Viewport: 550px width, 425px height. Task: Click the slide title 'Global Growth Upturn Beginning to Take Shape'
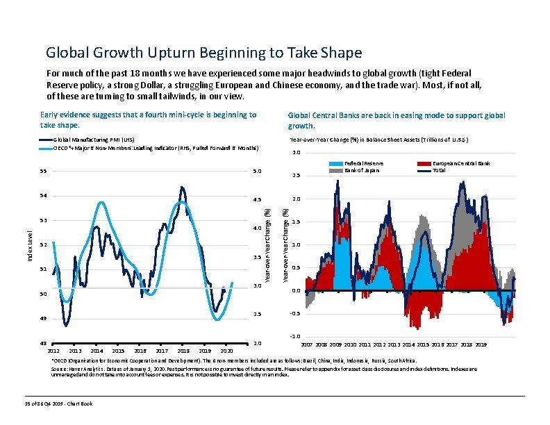point(203,53)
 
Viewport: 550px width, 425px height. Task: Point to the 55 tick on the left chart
point(42,171)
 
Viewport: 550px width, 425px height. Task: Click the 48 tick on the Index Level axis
point(42,344)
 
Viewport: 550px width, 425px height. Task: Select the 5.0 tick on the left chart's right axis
point(257,171)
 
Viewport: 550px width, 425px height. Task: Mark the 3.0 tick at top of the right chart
point(297,153)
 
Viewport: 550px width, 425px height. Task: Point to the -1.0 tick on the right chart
point(296,337)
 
